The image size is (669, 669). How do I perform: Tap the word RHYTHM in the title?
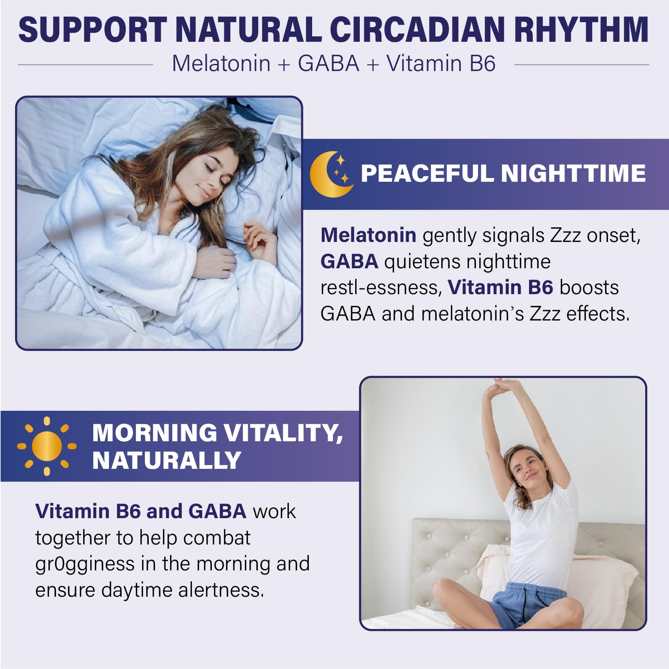click(581, 30)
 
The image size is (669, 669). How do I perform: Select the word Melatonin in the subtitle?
click(221, 64)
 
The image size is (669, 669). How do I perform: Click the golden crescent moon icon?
click(331, 174)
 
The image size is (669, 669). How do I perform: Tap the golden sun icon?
click(46, 446)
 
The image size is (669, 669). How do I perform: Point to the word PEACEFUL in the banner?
click(427, 173)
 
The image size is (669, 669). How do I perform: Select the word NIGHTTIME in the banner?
click(573, 173)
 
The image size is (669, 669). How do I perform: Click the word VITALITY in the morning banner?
click(280, 433)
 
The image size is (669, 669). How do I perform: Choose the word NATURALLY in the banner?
click(166, 460)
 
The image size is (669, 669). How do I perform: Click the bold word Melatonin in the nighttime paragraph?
click(368, 235)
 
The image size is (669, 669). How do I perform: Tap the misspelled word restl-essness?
click(381, 288)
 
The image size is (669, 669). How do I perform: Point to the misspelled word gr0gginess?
click(85, 564)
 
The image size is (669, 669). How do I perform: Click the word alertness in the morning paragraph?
click(221, 590)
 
